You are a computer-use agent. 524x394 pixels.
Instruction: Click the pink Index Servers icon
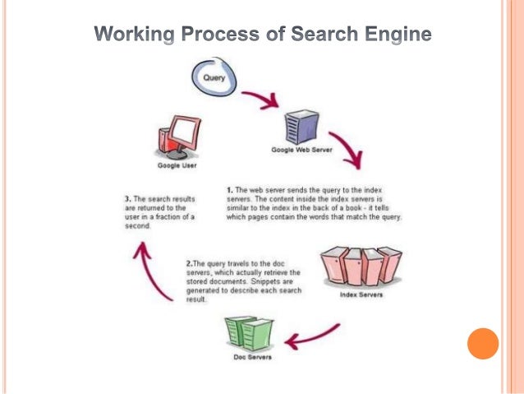coord(361,266)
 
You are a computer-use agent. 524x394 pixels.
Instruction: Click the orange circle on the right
coord(483,343)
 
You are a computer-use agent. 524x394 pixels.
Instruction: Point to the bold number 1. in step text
coord(229,190)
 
